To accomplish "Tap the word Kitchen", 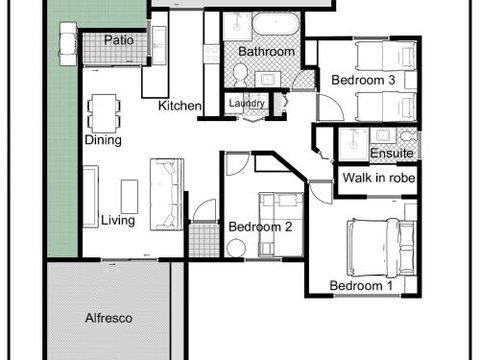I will [180, 105].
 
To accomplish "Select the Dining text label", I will [103, 140].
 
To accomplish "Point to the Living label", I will [119, 220].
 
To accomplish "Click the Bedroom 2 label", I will [260, 226].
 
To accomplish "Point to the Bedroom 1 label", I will [361, 286].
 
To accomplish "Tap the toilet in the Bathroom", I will [240, 72].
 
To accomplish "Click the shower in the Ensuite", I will [352, 141].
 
